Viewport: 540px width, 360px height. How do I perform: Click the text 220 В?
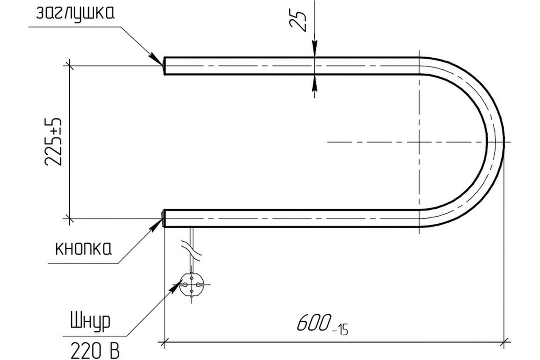coord(95,349)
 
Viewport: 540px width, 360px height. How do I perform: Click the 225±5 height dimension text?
coord(53,142)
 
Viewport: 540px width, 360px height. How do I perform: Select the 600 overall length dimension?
coord(312,323)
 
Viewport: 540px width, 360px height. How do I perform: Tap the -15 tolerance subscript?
coord(340,332)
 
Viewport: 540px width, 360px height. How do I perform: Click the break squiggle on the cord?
coord(192,250)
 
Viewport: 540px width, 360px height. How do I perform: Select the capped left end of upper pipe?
coord(164,66)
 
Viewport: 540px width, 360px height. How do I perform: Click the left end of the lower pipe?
coord(163,218)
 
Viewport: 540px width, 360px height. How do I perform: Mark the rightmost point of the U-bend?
coord(504,142)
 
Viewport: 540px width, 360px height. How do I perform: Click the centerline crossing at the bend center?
coord(419,142)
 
